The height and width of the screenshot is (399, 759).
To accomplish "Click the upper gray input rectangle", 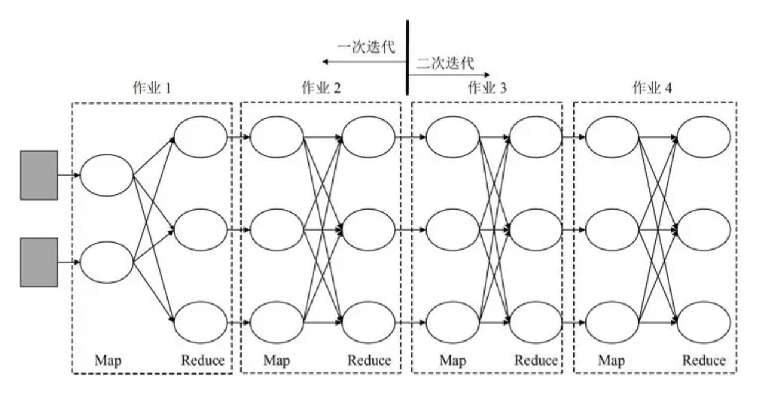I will pos(39,175).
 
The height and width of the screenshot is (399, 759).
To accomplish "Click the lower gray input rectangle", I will pos(39,262).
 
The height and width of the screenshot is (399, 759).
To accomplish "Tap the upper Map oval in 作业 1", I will pos(106,175).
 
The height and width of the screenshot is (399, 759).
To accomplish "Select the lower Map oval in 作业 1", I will pos(106,262).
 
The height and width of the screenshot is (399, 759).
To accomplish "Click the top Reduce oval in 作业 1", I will pos(201,137).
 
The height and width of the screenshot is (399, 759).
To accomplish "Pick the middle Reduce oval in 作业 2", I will pos(369,229).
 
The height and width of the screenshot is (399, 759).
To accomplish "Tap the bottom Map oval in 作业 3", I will pos(452,323).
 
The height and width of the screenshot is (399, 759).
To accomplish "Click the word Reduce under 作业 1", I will pos(203,361).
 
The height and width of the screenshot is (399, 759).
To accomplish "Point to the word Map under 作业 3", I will pos(453,361).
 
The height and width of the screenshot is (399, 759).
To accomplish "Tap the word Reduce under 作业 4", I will pos(704,361).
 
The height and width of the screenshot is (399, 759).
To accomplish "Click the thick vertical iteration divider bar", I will pos(408,57).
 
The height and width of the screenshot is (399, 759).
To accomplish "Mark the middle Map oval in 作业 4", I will pos(612,229).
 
